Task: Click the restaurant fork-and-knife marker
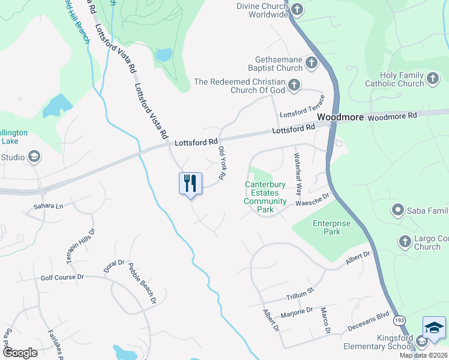pyautogui.click(x=190, y=183)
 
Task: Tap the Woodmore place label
pyautogui.click(x=340, y=118)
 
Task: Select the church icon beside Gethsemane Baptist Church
pyautogui.click(x=311, y=62)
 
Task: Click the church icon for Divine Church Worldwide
pyautogui.click(x=297, y=9)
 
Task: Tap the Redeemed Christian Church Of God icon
pyautogui.click(x=294, y=85)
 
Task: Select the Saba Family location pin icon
pyautogui.click(x=397, y=210)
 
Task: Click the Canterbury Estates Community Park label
pyautogui.click(x=265, y=197)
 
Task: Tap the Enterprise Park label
pyautogui.click(x=331, y=227)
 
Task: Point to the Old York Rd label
pyautogui.click(x=221, y=163)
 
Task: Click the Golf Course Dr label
pyautogui.click(x=62, y=277)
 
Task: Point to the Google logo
pyautogui.click(x=20, y=353)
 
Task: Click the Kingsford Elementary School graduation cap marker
pyautogui.click(x=434, y=328)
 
